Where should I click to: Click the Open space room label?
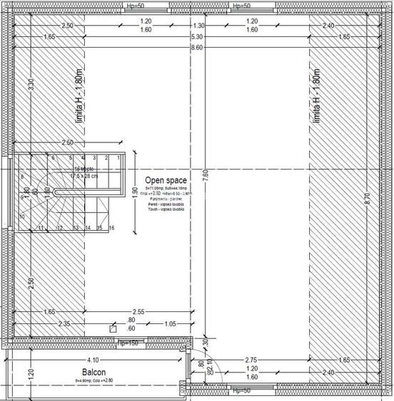tap(165, 181)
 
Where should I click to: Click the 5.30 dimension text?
tap(198, 36)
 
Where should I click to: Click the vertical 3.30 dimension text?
tap(30, 84)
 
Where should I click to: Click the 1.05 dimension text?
tap(168, 324)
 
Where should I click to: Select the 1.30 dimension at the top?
tap(198, 26)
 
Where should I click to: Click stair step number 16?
tap(112, 228)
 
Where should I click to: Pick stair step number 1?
tap(117, 157)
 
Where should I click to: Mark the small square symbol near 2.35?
tap(112, 329)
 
